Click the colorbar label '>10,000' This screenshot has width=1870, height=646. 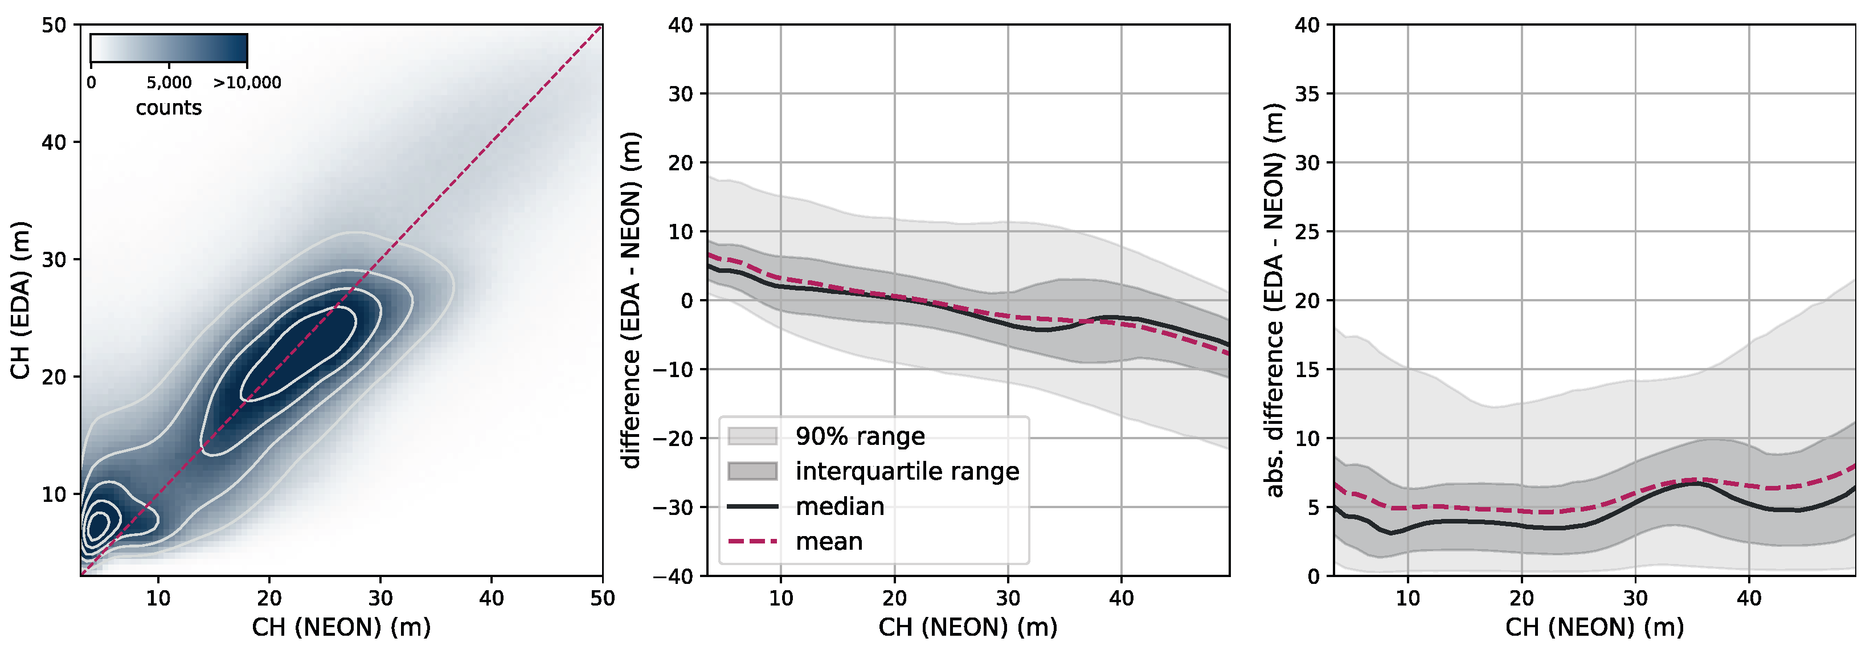click(247, 83)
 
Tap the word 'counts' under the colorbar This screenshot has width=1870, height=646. click(169, 108)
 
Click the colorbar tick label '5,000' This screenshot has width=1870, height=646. click(169, 83)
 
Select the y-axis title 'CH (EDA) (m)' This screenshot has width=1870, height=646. click(21, 300)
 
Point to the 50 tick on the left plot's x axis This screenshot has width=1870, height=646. click(602, 599)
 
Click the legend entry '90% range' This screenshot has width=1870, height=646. click(860, 436)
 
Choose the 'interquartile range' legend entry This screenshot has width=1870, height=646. click(907, 471)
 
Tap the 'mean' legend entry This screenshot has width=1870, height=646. click(828, 542)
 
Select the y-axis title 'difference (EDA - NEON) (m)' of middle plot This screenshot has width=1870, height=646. click(632, 300)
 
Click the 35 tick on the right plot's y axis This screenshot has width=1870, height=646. click(1307, 93)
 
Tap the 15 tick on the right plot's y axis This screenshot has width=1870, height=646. click(1307, 370)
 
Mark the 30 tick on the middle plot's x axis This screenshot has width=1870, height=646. click(1008, 599)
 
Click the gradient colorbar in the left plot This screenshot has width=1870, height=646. click(169, 50)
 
